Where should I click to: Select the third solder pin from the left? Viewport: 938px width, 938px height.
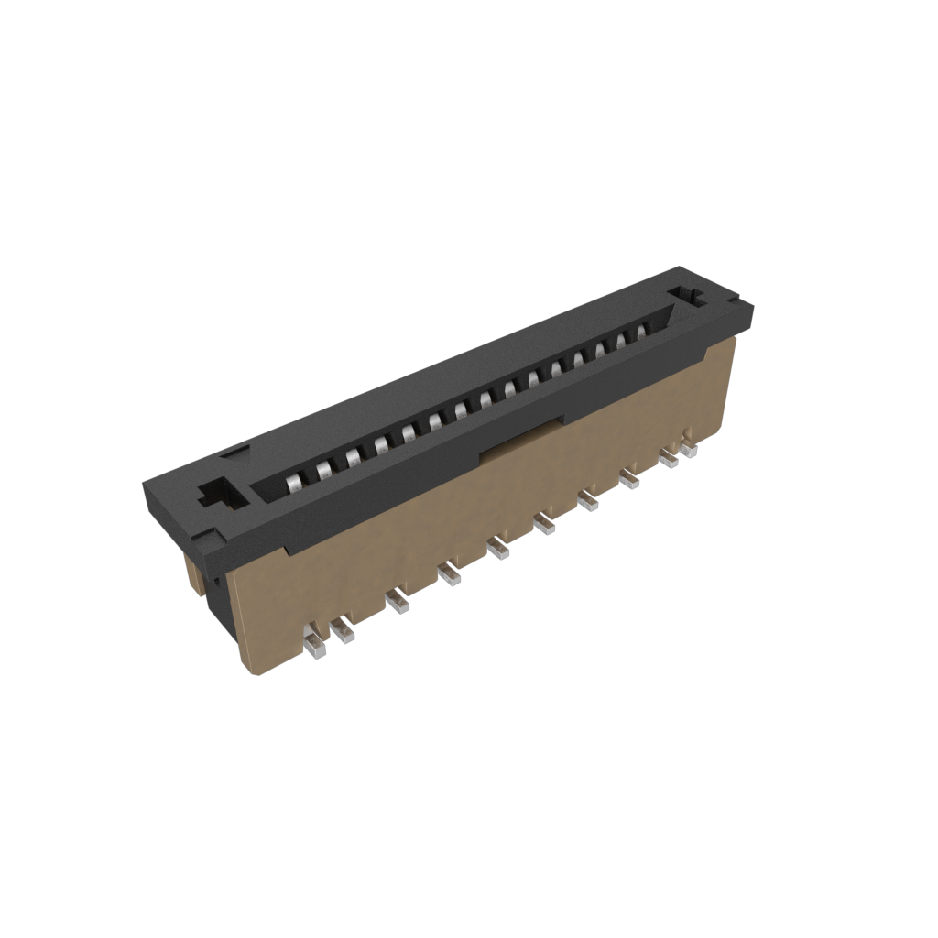(397, 603)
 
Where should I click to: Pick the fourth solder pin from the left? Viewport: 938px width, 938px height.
(449, 575)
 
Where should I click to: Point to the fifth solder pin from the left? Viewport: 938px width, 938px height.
(499, 550)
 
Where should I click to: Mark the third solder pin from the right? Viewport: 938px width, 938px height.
(629, 478)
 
